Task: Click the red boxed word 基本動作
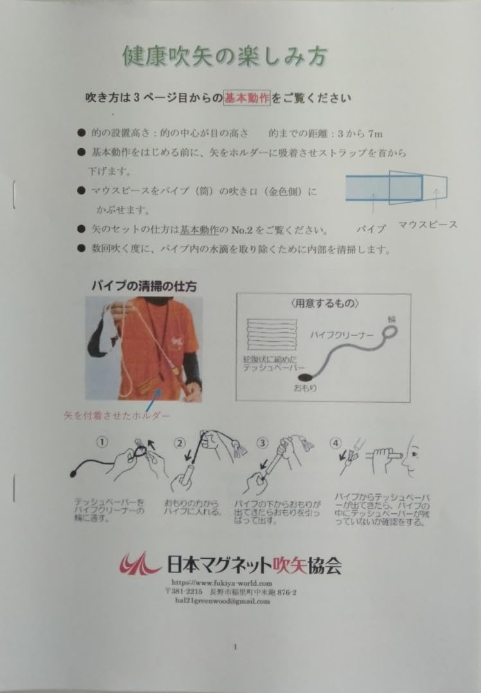247,98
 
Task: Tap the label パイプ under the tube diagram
371,228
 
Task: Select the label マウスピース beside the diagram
428,224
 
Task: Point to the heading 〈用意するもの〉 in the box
324,304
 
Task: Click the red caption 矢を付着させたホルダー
117,415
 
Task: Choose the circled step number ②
180,443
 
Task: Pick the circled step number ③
262,443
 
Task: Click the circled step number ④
335,443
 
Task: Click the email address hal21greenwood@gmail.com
222,601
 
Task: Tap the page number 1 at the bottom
235,646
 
